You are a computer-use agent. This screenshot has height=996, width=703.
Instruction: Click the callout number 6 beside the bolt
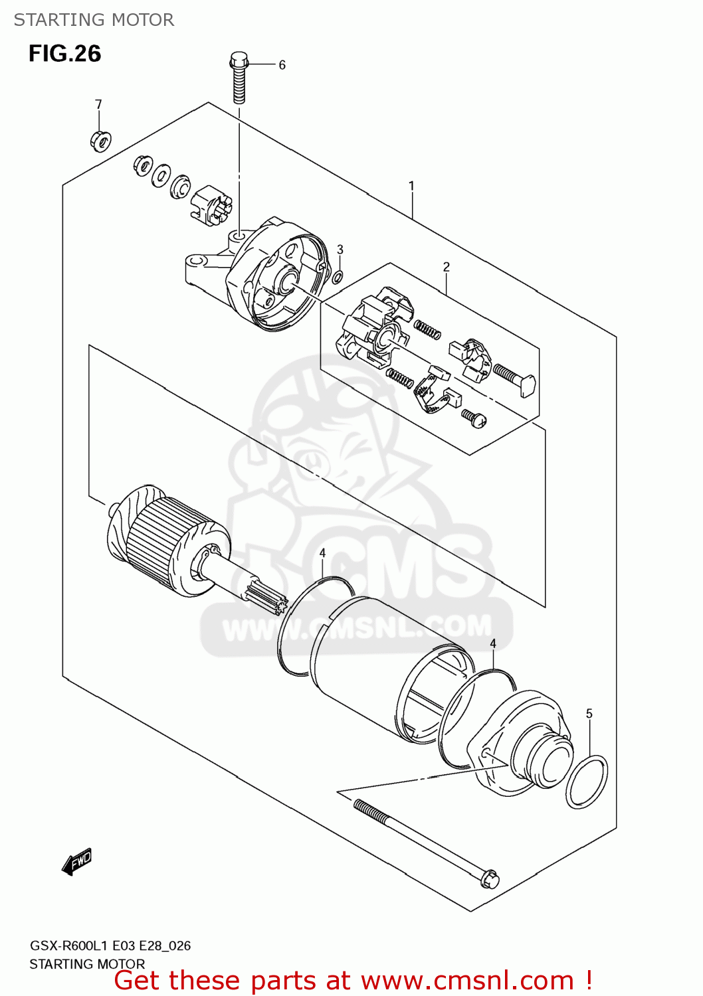click(x=282, y=65)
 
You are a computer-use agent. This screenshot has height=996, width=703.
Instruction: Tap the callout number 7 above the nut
click(x=98, y=104)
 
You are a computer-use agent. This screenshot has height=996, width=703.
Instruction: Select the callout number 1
click(x=411, y=186)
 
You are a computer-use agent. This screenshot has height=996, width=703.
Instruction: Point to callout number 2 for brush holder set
click(x=446, y=267)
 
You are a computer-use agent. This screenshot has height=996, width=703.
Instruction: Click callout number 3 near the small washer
click(x=340, y=250)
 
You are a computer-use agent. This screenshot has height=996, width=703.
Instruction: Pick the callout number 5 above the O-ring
click(x=589, y=714)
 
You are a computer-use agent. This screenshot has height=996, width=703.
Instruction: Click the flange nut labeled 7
click(x=100, y=140)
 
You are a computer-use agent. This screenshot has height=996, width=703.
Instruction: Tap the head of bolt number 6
click(x=239, y=62)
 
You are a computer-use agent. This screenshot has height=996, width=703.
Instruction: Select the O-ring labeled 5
click(x=587, y=782)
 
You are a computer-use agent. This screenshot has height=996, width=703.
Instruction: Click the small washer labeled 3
click(x=338, y=276)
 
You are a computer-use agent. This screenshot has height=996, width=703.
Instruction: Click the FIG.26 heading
click(x=64, y=54)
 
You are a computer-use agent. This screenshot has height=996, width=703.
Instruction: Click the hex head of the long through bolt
click(x=488, y=878)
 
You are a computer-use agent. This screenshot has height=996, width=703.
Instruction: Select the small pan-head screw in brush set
click(x=474, y=418)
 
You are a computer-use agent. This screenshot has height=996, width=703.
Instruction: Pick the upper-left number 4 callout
click(x=322, y=553)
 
